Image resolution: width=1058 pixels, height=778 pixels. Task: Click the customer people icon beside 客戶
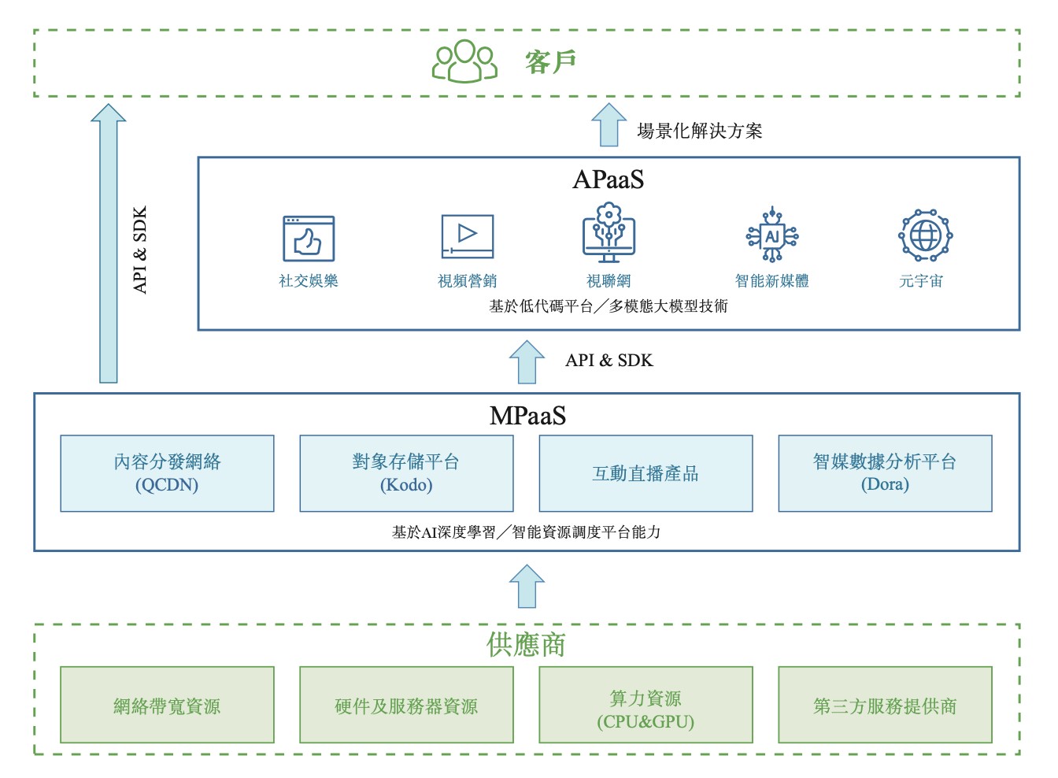click(464, 61)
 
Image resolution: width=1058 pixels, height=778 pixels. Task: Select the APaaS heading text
click(608, 180)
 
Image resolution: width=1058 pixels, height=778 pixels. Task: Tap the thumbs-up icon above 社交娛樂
click(309, 239)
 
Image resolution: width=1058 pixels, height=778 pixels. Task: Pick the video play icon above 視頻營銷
click(468, 236)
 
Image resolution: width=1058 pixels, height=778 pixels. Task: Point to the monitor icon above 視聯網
click(609, 233)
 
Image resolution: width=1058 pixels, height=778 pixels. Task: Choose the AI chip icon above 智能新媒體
click(772, 235)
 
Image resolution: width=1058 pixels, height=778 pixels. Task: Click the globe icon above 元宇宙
click(925, 235)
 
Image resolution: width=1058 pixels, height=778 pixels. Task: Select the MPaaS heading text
click(527, 416)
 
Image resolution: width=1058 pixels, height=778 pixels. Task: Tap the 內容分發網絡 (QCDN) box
click(167, 473)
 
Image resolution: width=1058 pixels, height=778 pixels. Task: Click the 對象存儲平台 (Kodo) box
click(406, 473)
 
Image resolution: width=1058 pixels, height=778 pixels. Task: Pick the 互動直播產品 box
click(646, 473)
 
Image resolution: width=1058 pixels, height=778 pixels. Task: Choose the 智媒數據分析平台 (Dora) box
click(885, 473)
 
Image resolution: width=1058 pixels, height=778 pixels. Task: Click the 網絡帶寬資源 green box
click(167, 706)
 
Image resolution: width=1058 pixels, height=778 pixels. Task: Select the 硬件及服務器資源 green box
click(406, 706)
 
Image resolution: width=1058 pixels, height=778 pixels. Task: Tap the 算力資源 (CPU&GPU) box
click(646, 706)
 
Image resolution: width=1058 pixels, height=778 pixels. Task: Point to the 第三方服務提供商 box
click(885, 706)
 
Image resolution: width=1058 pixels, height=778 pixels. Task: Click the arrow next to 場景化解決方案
click(609, 125)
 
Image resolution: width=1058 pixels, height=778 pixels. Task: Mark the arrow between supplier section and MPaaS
click(527, 587)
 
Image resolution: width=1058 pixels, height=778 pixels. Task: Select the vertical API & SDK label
click(140, 250)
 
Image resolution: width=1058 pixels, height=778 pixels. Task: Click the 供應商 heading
click(526, 645)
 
